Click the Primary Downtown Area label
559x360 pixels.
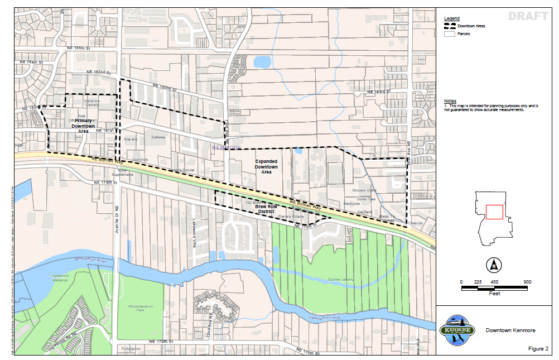pos(83,126)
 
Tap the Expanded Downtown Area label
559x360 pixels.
pos(266,166)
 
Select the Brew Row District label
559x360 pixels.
pos(266,209)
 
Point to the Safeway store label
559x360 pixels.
pos(158,137)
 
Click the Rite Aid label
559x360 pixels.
pos(130,140)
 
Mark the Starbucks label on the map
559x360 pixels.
pos(352,204)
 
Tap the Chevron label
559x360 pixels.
pos(416,223)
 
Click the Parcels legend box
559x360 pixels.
pos(449,34)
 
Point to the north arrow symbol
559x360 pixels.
pos(493,264)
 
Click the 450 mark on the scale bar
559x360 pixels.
pos(494,282)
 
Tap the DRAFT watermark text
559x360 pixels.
pos(528,16)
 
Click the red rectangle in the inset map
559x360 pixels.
pos(494,212)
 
